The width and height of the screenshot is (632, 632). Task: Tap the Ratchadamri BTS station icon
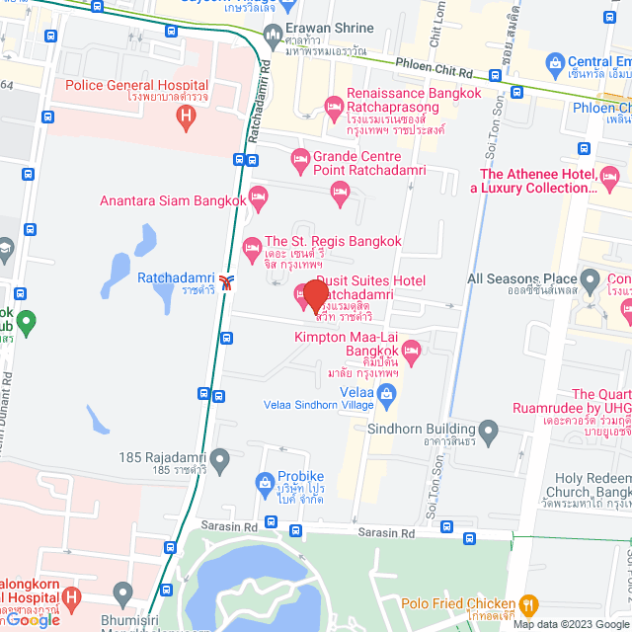[228, 282]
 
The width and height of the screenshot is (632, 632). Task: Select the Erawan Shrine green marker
[274, 39]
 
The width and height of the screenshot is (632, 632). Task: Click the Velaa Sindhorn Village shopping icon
[387, 395]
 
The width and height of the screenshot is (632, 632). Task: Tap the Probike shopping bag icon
[264, 482]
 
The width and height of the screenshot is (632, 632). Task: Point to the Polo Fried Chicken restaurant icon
[529, 604]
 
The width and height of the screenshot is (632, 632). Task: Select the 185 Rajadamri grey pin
[220, 458]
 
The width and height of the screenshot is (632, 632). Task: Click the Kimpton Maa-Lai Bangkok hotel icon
[412, 349]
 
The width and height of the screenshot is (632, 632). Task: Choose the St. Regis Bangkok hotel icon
[251, 243]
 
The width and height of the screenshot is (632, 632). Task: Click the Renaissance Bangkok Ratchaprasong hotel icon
[334, 105]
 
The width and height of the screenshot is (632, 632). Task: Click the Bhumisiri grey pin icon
[122, 595]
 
